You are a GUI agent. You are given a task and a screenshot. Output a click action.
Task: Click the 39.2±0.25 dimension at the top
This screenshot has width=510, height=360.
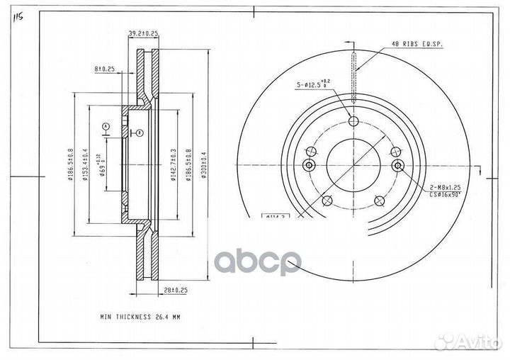click(143, 33)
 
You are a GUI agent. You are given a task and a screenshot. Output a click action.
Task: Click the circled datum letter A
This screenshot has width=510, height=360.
click(106, 125)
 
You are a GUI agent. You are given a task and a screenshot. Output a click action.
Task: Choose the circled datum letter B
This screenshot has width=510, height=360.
click(139, 133)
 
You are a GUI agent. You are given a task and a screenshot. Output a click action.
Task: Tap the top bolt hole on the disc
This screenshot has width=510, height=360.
click(353, 120)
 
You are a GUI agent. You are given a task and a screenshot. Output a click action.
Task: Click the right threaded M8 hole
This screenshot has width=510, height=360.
click(397, 165)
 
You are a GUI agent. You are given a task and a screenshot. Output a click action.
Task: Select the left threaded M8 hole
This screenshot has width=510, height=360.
click(308, 165)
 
